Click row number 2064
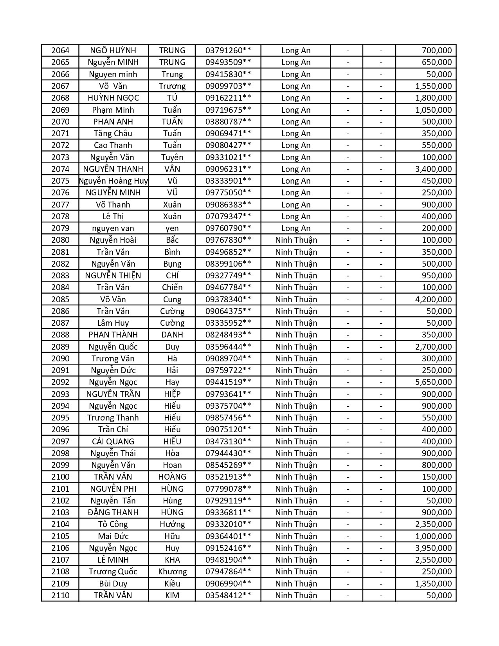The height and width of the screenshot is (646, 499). pyautogui.click(x=60, y=51)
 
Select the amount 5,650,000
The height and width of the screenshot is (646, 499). pyautogui.click(x=433, y=382)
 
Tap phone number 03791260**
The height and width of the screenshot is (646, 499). pyautogui.click(x=228, y=51)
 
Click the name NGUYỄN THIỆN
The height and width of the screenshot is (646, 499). pyautogui.click(x=113, y=276)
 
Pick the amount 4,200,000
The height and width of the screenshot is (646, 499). pyautogui.click(x=433, y=300)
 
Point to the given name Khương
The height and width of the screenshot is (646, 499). pyautogui.click(x=172, y=572)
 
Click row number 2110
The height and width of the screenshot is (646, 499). pyautogui.click(x=60, y=595)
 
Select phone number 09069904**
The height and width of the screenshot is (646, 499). pyautogui.click(x=228, y=584)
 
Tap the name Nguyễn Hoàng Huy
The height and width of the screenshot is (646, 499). pyautogui.click(x=113, y=181)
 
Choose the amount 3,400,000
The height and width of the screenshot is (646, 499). pyautogui.click(x=433, y=169)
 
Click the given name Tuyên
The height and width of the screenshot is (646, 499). pyautogui.click(x=172, y=157)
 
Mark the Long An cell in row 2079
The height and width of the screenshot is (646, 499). pyautogui.click(x=295, y=228)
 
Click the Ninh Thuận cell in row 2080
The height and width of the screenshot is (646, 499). pyautogui.click(x=296, y=240)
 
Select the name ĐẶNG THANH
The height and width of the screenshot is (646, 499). pyautogui.click(x=113, y=512)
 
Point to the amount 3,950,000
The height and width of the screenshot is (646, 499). pyautogui.click(x=433, y=548)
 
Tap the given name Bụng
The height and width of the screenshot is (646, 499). pyautogui.click(x=172, y=264)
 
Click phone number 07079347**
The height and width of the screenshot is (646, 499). pyautogui.click(x=228, y=217)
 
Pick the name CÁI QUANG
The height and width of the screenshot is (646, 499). pyautogui.click(x=113, y=442)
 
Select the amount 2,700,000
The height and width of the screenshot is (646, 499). pyautogui.click(x=433, y=347)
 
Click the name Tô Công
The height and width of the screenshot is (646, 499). pyautogui.click(x=113, y=524)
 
